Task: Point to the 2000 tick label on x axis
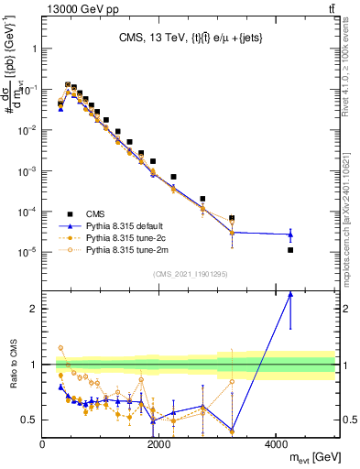pos(159,444)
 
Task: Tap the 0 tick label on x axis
pos(42,444)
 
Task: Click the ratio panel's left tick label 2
pos(34,309)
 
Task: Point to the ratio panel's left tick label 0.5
pos(29,420)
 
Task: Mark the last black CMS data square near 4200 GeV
pos(290,250)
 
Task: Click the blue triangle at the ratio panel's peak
pos(290,294)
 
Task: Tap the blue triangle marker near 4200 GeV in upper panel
pos(290,234)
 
